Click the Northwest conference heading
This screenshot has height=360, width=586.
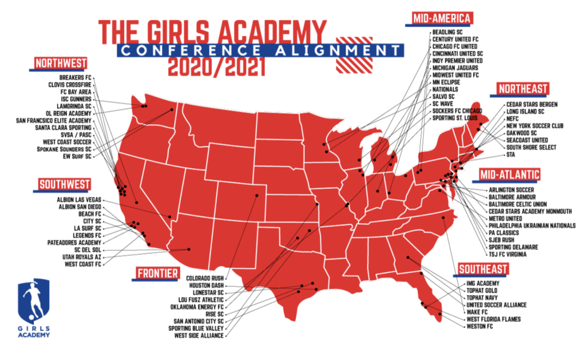[61, 63]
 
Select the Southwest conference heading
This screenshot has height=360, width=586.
[65, 184]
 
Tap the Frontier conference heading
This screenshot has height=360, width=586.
[157, 272]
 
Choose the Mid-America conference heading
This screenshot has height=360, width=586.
[442, 18]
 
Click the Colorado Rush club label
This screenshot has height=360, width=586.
[205, 278]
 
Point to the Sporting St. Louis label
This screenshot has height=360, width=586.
[456, 117]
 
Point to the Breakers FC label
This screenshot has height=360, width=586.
[75, 77]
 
